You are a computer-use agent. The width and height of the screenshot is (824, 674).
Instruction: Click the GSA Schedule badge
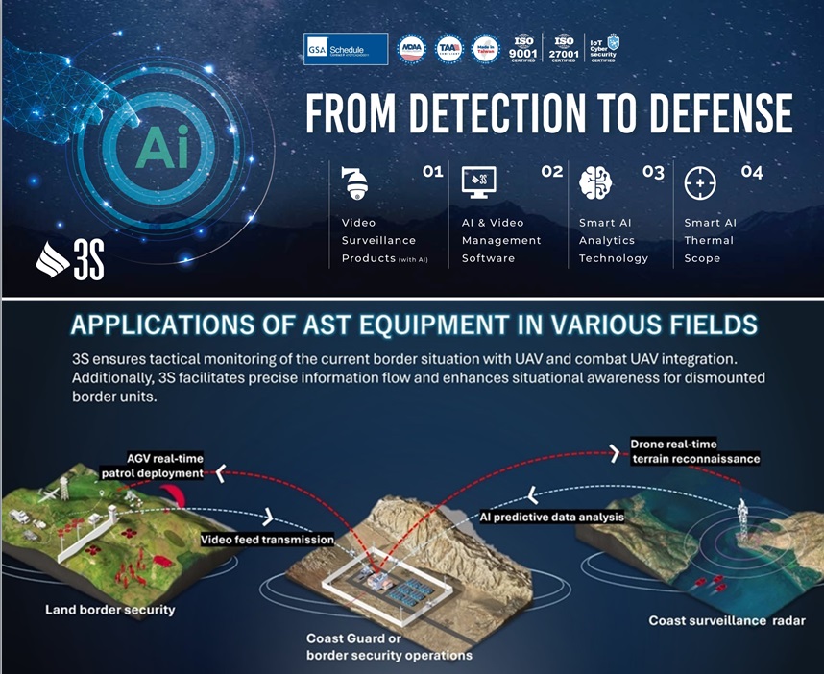click(346, 48)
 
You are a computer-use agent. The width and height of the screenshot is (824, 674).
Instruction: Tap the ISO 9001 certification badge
click(525, 48)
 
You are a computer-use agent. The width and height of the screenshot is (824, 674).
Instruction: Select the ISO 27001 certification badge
click(564, 48)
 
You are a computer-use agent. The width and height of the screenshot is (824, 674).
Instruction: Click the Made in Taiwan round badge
click(485, 49)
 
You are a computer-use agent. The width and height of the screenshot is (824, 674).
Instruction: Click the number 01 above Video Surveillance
click(432, 172)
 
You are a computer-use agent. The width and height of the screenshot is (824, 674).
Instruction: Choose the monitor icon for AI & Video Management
click(478, 181)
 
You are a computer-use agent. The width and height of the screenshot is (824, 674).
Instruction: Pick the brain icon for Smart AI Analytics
click(595, 182)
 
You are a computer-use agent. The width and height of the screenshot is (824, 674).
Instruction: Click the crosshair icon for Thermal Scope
click(700, 182)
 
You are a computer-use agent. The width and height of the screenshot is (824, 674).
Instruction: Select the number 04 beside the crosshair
click(752, 172)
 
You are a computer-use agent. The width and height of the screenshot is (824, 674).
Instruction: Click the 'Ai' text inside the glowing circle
click(162, 151)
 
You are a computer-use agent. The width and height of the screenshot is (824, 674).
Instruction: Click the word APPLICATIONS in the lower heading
click(176, 325)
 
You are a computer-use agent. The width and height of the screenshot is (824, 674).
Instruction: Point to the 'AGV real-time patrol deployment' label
click(153, 465)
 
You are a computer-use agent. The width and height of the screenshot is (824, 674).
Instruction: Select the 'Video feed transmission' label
click(267, 540)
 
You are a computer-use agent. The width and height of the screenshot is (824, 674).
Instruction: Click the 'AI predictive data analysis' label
click(551, 517)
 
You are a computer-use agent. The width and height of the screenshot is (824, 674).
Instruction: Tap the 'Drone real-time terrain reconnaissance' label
click(694, 451)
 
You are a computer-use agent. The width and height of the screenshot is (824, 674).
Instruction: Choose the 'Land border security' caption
click(110, 609)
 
